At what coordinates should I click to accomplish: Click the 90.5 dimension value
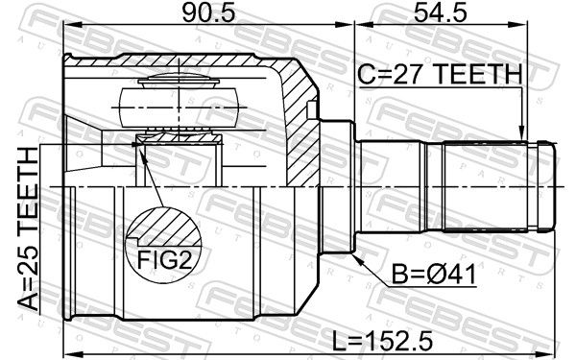(208, 12)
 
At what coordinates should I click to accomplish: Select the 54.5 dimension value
(441, 12)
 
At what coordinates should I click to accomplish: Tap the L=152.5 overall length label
(383, 341)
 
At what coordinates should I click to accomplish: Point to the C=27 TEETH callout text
(440, 74)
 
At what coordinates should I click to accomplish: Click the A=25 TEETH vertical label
(28, 228)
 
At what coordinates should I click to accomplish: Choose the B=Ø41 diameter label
(434, 274)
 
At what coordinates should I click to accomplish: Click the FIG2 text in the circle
(164, 260)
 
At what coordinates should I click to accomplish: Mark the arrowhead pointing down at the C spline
(521, 133)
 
